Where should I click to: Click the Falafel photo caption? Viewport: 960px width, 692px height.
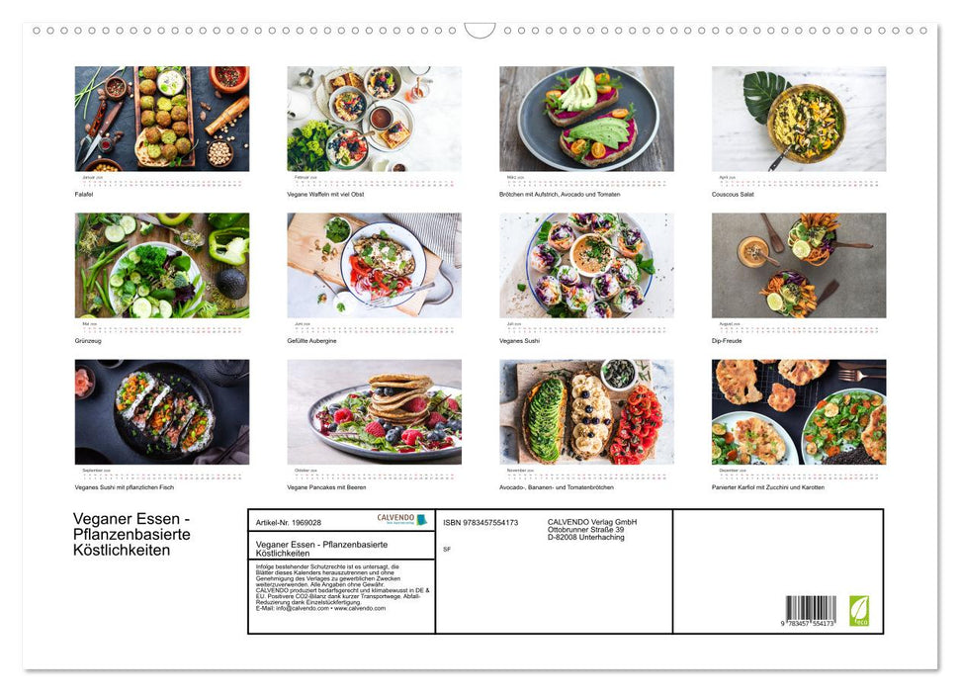(x=84, y=194)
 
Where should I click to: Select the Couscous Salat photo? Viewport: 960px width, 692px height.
(x=799, y=119)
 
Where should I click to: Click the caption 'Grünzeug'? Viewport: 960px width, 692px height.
(x=87, y=341)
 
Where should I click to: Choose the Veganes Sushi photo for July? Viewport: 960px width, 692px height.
(x=586, y=265)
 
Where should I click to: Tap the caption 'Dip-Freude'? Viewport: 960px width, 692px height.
(x=729, y=341)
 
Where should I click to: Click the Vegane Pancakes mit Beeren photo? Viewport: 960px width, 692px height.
(x=374, y=411)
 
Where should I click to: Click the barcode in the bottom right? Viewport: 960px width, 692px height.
(x=811, y=609)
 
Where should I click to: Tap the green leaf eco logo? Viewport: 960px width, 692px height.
(x=859, y=609)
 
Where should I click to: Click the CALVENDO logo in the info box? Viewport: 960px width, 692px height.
(x=401, y=520)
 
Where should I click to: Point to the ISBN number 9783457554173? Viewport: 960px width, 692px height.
(x=480, y=522)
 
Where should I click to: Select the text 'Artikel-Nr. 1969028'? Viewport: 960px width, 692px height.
(x=288, y=522)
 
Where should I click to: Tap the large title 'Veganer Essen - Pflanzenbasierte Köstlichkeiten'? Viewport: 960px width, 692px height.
(x=132, y=534)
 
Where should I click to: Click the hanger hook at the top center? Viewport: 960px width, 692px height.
(x=480, y=31)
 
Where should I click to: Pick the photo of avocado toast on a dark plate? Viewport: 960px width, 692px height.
(x=586, y=119)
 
